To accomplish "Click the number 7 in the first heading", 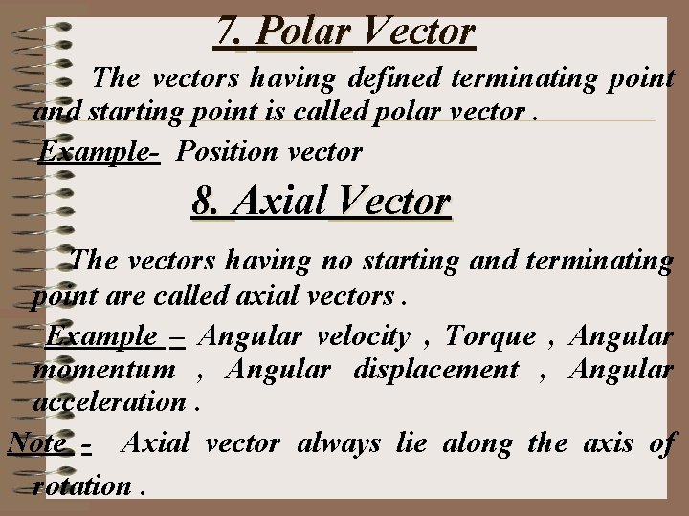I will point(227,32).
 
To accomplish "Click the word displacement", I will point(435,369).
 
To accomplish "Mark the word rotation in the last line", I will point(81,484).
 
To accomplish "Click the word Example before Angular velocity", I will point(102,336).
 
